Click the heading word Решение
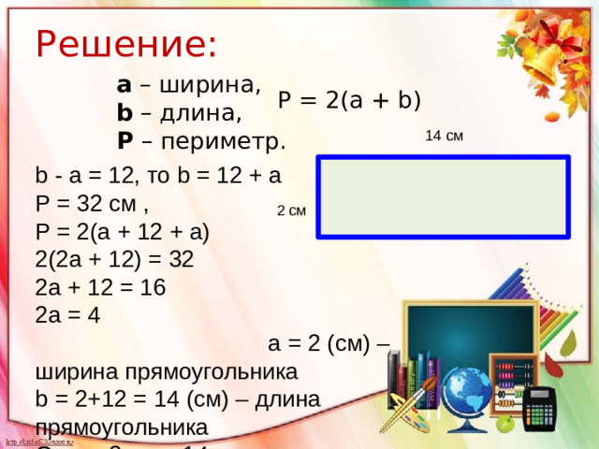(125, 43)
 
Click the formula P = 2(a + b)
(349, 100)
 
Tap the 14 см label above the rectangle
(444, 137)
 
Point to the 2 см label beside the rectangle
(291, 210)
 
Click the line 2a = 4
(66, 315)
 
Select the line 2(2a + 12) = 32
(113, 260)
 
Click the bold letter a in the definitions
(124, 85)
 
